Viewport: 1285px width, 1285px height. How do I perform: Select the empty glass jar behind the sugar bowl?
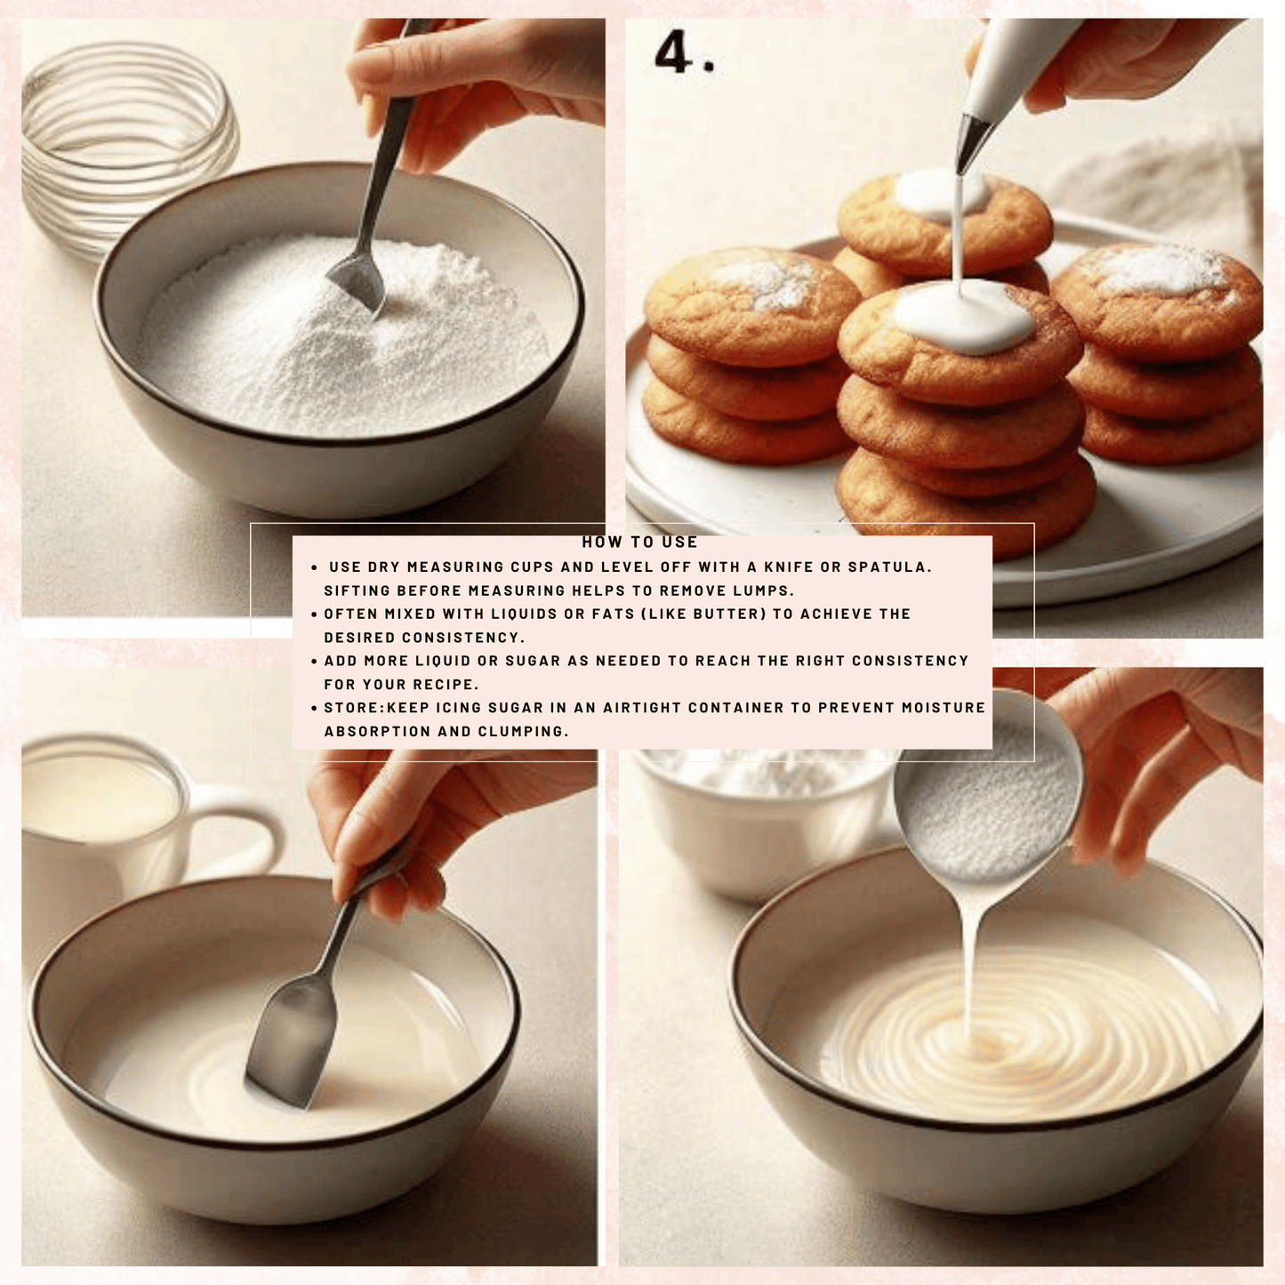click(x=126, y=133)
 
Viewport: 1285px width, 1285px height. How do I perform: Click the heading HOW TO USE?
click(x=639, y=542)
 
